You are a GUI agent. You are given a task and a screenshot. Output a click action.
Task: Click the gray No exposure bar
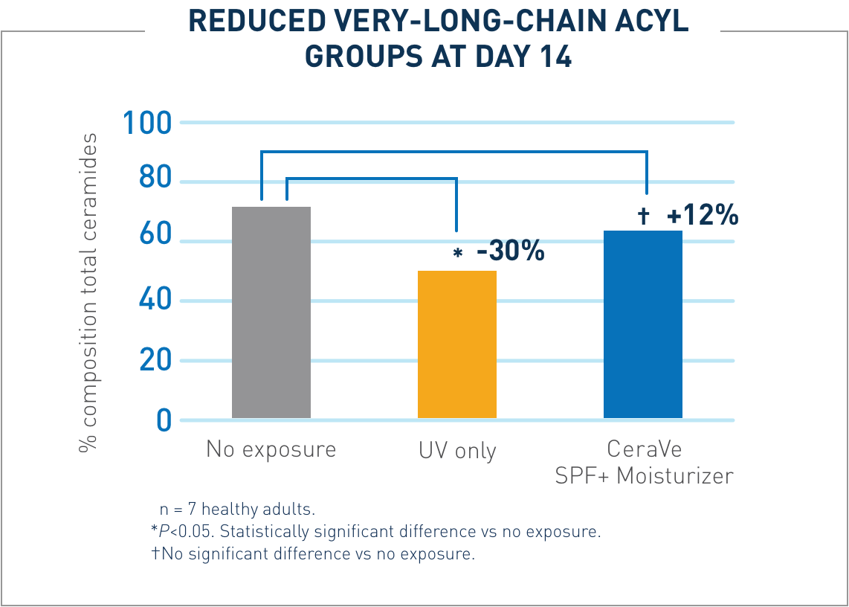coord(271,312)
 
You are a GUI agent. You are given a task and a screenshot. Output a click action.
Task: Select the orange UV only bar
coord(456,344)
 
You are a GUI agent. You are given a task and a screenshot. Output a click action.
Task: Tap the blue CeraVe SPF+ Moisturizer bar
coord(642,324)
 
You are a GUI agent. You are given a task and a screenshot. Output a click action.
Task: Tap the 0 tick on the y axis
coord(164,421)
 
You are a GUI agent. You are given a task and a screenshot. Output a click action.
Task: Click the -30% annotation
coord(510,252)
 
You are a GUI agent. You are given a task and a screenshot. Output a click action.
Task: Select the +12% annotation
coord(702,216)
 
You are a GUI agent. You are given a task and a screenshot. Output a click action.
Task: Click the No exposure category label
coord(271,450)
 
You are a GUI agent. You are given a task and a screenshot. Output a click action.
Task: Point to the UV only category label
coord(456,451)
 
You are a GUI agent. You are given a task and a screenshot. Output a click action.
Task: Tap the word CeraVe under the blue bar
coord(644,449)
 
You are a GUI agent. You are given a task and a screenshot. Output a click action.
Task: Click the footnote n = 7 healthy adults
coord(238,510)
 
